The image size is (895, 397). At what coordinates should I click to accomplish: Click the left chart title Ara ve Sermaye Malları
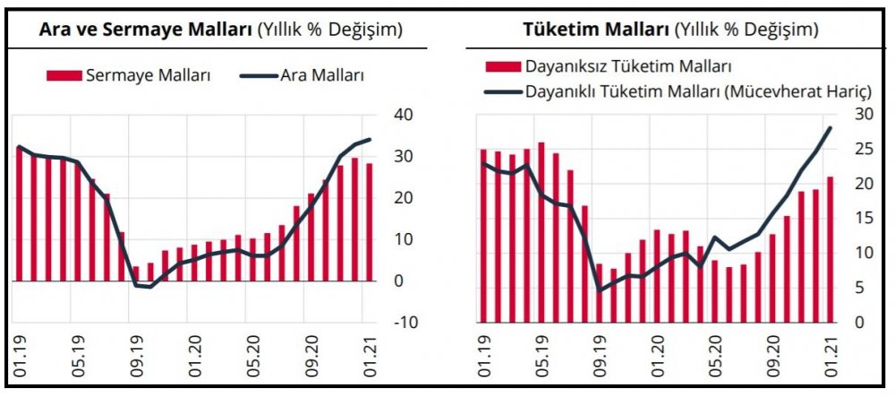(x=147, y=29)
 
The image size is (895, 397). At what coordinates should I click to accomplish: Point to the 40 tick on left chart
(x=402, y=114)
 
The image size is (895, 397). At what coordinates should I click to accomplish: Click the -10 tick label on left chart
(x=402, y=322)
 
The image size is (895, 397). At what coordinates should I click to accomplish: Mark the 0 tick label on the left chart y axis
(x=398, y=280)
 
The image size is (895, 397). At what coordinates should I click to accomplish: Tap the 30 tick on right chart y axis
(x=862, y=113)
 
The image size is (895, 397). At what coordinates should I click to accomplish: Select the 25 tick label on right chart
(x=862, y=148)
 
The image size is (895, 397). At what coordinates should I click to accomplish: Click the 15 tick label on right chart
(x=862, y=218)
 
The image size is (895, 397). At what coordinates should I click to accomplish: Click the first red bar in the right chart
(x=483, y=235)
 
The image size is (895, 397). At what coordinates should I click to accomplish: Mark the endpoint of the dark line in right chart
(x=830, y=127)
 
